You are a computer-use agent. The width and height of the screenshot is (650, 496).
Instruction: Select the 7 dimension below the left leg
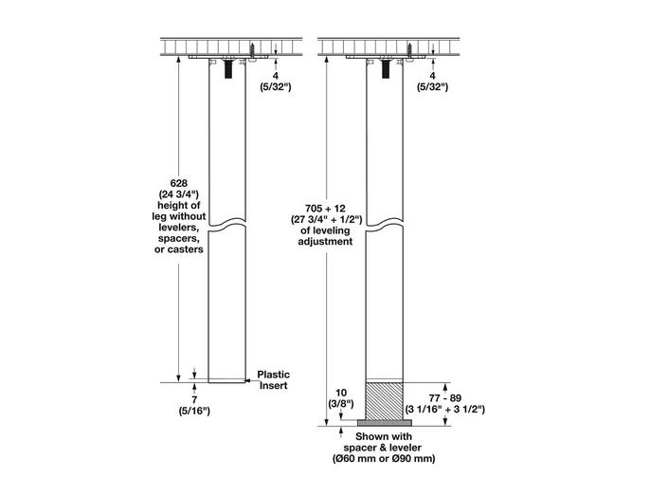click(x=194, y=398)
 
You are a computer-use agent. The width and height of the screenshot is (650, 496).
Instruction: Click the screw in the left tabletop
click(x=255, y=46)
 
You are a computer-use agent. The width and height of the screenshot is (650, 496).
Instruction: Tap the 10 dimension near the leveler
click(x=342, y=392)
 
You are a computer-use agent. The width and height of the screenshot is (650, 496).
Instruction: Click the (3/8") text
click(x=342, y=403)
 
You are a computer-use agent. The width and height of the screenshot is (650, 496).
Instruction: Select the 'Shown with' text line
click(x=383, y=435)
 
